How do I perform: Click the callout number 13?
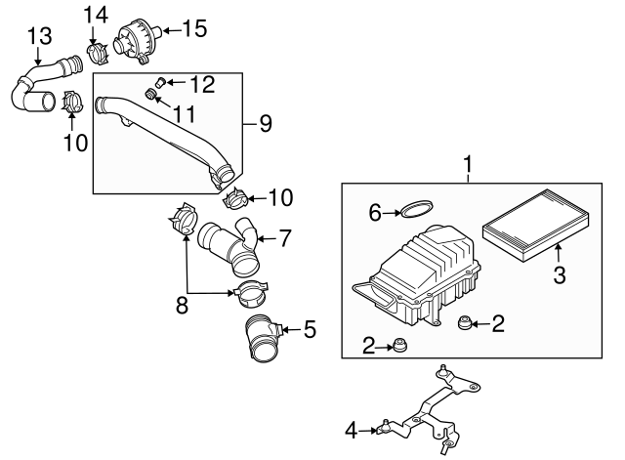point(38,37)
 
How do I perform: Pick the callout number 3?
point(561,276)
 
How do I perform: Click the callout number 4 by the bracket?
point(352,428)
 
